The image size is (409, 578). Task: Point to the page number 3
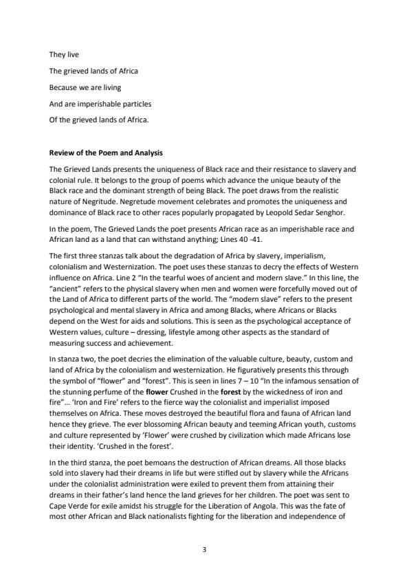(204, 549)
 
